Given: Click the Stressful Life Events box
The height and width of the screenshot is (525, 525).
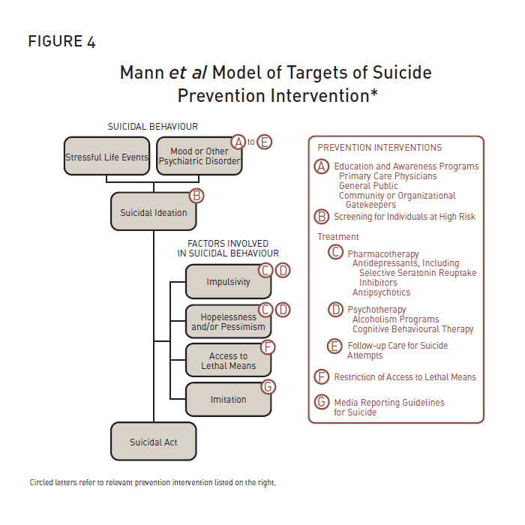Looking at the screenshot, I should [x=106, y=157].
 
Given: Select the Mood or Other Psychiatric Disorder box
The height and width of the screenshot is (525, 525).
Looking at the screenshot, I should [x=199, y=157].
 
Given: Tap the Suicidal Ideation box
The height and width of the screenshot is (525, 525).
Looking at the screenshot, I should [x=153, y=212].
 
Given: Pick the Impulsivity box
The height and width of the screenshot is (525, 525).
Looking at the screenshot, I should [x=228, y=282].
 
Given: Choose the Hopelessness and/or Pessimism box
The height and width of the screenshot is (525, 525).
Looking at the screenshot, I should [x=228, y=322].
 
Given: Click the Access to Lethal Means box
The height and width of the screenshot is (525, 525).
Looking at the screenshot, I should [x=228, y=361].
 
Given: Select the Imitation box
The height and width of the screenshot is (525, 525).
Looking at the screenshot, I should [x=228, y=400].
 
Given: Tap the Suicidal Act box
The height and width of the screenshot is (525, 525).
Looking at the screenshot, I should [x=153, y=442].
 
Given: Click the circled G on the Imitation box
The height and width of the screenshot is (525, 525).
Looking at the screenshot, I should [x=268, y=387].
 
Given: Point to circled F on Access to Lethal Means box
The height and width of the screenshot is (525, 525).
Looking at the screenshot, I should [x=268, y=347].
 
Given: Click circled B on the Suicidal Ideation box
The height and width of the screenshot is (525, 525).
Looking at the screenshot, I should [x=196, y=196].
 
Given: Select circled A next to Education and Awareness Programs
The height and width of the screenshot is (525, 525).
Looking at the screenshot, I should [x=322, y=166].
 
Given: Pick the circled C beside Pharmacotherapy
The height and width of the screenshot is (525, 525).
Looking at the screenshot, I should [x=336, y=253].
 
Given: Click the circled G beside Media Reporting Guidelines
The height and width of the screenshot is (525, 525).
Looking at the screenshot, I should [x=322, y=402].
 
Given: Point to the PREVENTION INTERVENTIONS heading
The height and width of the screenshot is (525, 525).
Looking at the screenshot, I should [x=379, y=148].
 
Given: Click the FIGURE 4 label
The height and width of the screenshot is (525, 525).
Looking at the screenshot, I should [x=62, y=42].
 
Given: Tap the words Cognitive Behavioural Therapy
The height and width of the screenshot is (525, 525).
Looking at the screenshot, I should [x=412, y=329].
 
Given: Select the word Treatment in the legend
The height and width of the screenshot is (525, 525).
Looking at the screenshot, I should [x=338, y=237].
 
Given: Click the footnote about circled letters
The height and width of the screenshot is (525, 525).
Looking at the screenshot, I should [x=153, y=482].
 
